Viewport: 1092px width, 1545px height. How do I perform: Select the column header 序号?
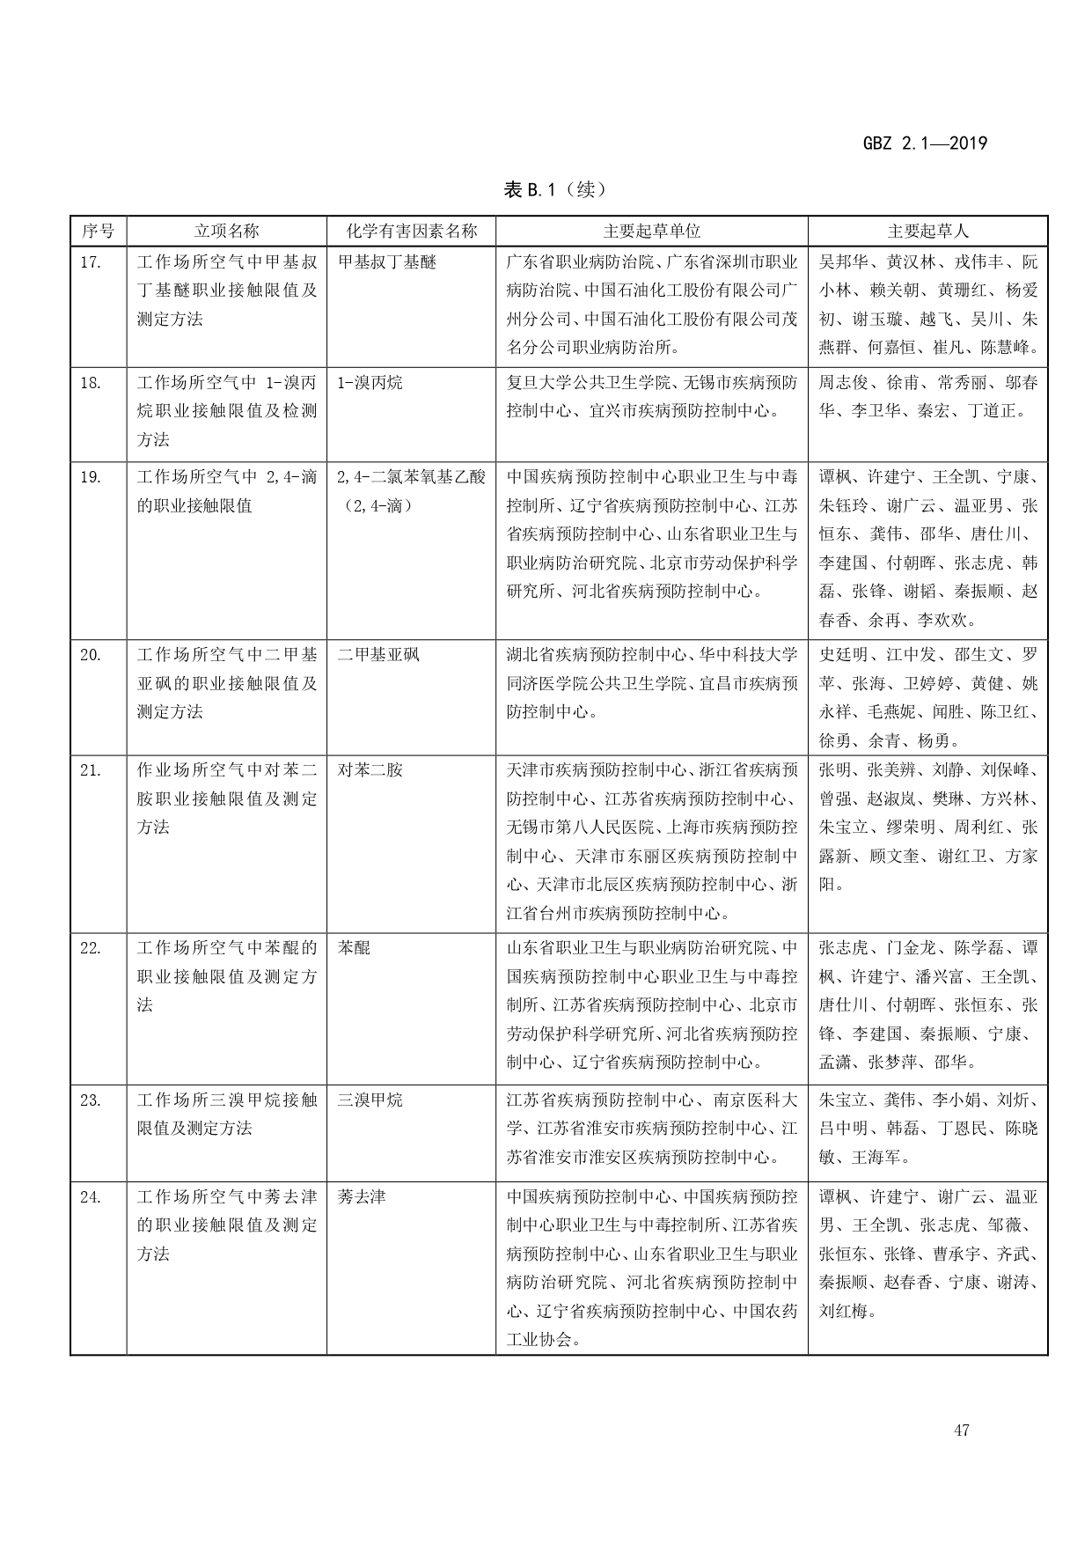[x=98, y=232]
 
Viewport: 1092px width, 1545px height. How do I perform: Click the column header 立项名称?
[x=226, y=232]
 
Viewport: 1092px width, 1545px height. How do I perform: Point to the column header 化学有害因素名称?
[x=411, y=232]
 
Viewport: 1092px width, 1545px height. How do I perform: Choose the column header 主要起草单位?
[x=651, y=232]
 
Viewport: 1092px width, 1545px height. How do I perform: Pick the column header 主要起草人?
[x=927, y=232]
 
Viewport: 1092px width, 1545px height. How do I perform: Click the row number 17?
[x=91, y=262]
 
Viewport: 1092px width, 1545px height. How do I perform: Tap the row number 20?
[x=91, y=655]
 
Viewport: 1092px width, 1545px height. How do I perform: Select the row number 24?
[x=91, y=1197]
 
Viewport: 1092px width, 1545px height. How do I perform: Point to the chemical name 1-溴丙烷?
[x=370, y=383]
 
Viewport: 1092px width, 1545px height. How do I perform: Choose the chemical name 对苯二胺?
[x=370, y=770]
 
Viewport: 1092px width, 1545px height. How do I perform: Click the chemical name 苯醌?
[x=354, y=948]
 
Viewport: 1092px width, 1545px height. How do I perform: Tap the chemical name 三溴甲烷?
[x=370, y=1100]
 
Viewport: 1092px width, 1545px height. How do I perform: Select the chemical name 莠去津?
[x=362, y=1197]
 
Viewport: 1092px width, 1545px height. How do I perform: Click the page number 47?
[x=961, y=1431]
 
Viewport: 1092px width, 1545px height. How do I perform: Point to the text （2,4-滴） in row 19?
[x=376, y=506]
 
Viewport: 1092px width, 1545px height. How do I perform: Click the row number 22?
[x=91, y=948]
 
